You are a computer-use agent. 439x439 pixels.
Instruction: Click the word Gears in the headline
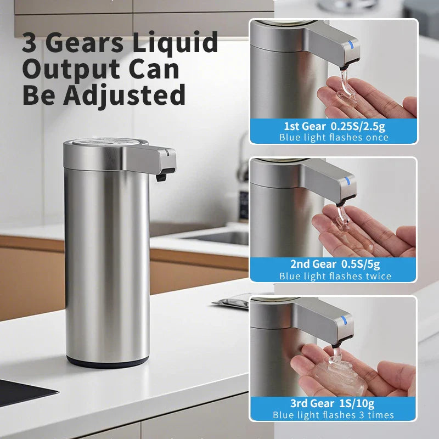pyautogui.click(x=88, y=43)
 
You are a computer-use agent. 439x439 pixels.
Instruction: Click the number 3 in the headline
pyautogui.click(x=30, y=43)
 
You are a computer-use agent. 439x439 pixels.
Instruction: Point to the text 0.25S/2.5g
pyautogui.click(x=358, y=126)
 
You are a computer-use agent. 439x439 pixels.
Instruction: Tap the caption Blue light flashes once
pyautogui.click(x=334, y=137)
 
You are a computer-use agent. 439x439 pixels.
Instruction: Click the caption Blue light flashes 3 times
pyautogui.click(x=334, y=415)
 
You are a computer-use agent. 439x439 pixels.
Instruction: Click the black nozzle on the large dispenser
pyautogui.click(x=161, y=177)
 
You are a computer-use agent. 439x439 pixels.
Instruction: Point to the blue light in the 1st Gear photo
pyautogui.click(x=352, y=48)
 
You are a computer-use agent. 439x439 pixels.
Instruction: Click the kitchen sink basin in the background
pyautogui.click(x=219, y=237)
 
